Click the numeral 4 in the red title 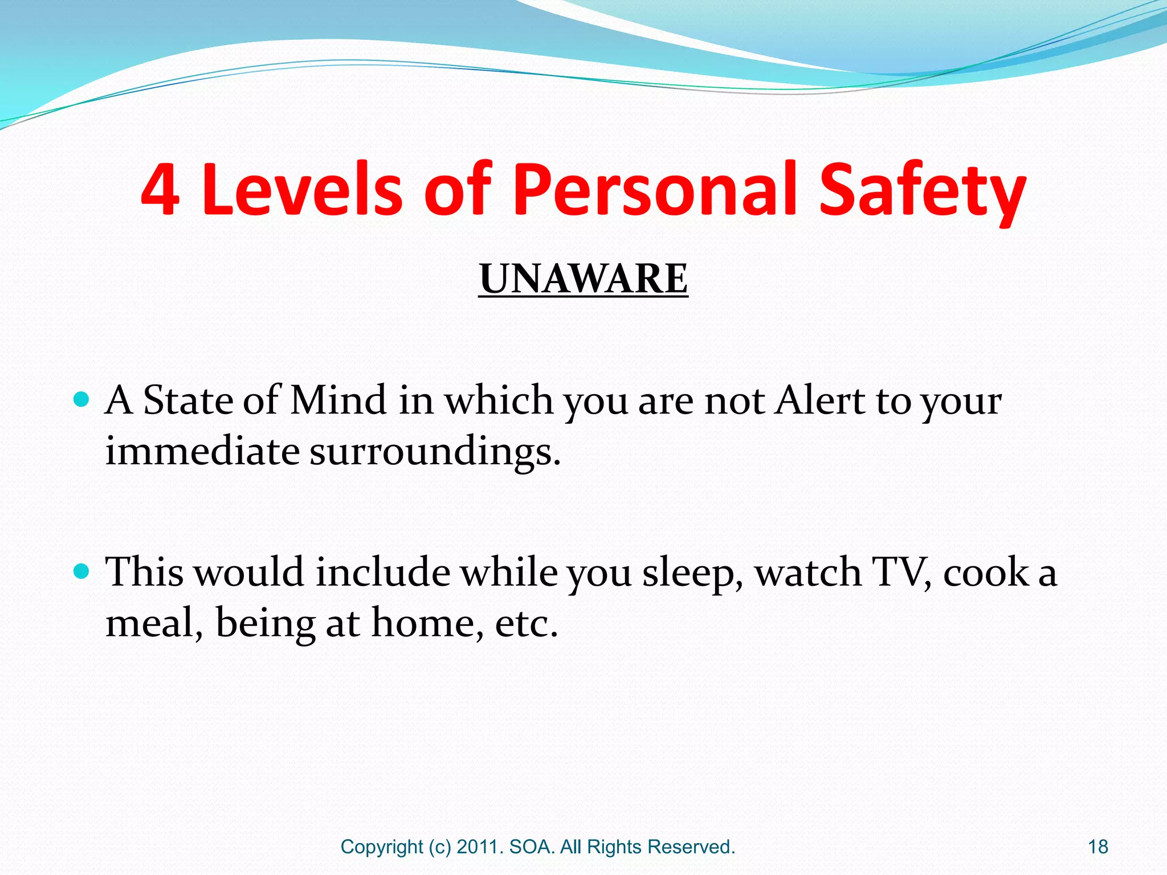(161, 190)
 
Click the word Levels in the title (303, 190)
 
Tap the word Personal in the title (655, 190)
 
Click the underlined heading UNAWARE (583, 279)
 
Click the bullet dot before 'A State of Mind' (82, 399)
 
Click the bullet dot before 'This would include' (82, 571)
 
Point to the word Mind (338, 400)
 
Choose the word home (423, 623)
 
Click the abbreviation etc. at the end (526, 624)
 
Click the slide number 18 (1098, 847)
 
